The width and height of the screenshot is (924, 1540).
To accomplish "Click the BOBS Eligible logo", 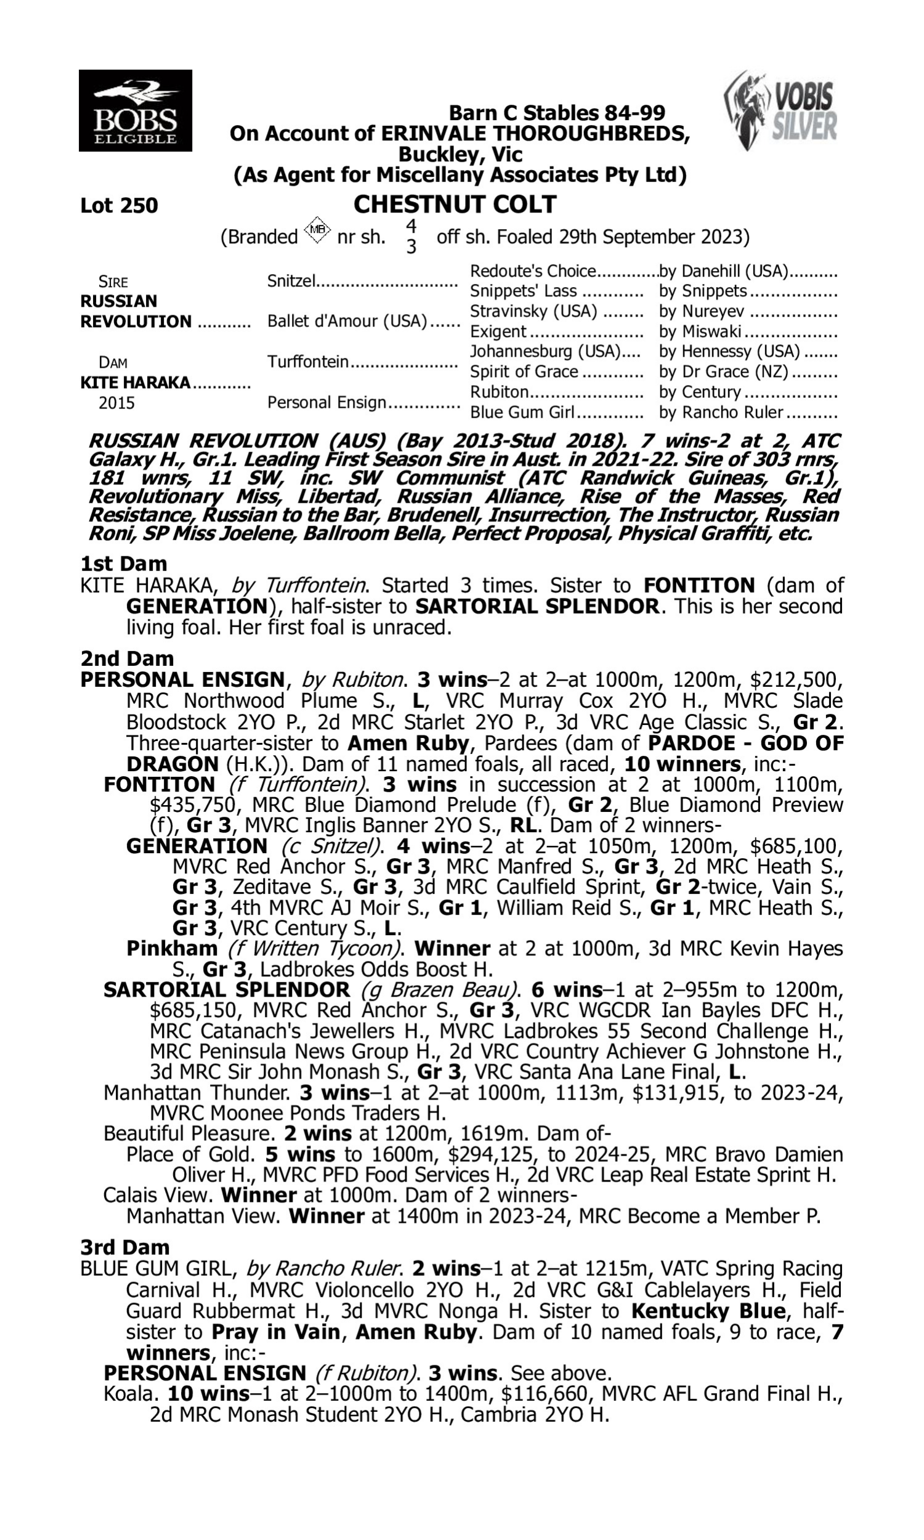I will point(135,111).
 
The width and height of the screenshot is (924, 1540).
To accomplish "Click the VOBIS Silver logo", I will point(781,111).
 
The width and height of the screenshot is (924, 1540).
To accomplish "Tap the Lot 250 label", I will point(119,205).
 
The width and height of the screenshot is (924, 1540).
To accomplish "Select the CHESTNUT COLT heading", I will point(455,204).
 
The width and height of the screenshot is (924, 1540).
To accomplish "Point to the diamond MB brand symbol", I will point(317,230).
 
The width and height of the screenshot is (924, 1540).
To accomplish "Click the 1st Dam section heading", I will point(123,564).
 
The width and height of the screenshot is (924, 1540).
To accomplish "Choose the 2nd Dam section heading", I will point(126,658).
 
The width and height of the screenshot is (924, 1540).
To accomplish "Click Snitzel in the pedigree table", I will point(291,282).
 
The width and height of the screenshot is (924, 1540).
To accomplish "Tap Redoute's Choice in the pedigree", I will point(533,272).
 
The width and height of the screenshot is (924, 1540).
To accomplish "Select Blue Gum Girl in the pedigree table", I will point(522,413).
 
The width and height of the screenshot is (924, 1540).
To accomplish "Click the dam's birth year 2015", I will point(116,403).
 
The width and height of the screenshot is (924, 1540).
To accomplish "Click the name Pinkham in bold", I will point(172,949).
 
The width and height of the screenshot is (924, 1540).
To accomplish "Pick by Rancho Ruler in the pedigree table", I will point(720,413).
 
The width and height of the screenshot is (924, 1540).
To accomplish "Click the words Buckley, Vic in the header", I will point(460,154).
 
